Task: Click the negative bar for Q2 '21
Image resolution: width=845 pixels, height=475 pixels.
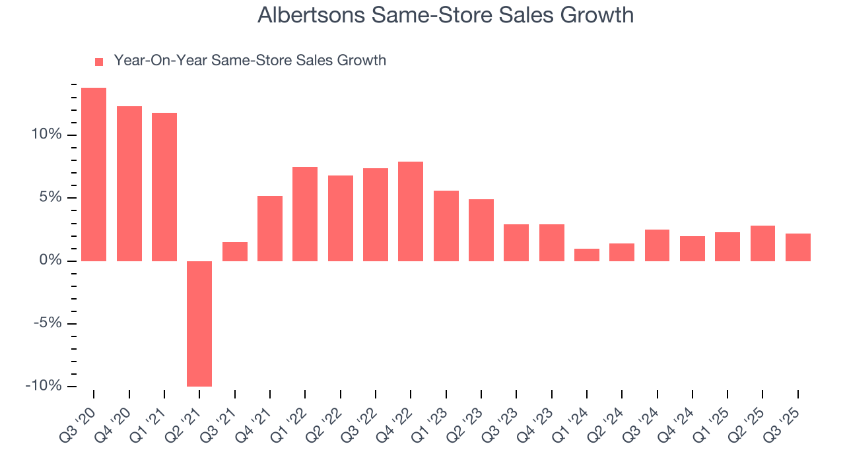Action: pyautogui.click(x=199, y=323)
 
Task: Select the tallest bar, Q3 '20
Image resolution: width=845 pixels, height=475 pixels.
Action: pyautogui.click(x=94, y=174)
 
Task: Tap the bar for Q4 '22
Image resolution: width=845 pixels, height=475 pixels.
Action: pyautogui.click(x=411, y=211)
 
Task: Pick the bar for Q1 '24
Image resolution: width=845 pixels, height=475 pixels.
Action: pyautogui.click(x=587, y=255)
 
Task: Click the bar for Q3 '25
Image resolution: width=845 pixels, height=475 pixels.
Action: pyautogui.click(x=798, y=247)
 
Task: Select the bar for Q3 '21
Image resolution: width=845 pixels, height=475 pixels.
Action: pyautogui.click(x=235, y=251)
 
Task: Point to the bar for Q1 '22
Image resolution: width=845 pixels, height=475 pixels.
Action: pyautogui.click(x=305, y=214)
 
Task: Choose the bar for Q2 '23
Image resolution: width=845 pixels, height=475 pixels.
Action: pyautogui.click(x=481, y=230)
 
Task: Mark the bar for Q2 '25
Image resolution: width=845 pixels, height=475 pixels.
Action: pyautogui.click(x=762, y=243)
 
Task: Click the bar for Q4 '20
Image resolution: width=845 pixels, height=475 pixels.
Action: pyautogui.click(x=129, y=183)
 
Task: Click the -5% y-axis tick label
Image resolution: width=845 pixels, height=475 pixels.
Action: pyautogui.click(x=48, y=323)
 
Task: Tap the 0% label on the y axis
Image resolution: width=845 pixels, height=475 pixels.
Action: pyautogui.click(x=52, y=261)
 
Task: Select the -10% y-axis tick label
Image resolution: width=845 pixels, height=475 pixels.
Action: pyautogui.click(x=44, y=386)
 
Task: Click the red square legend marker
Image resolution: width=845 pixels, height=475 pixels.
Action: pyautogui.click(x=99, y=61)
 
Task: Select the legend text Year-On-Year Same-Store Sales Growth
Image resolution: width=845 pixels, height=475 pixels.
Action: pyautogui.click(x=250, y=61)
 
